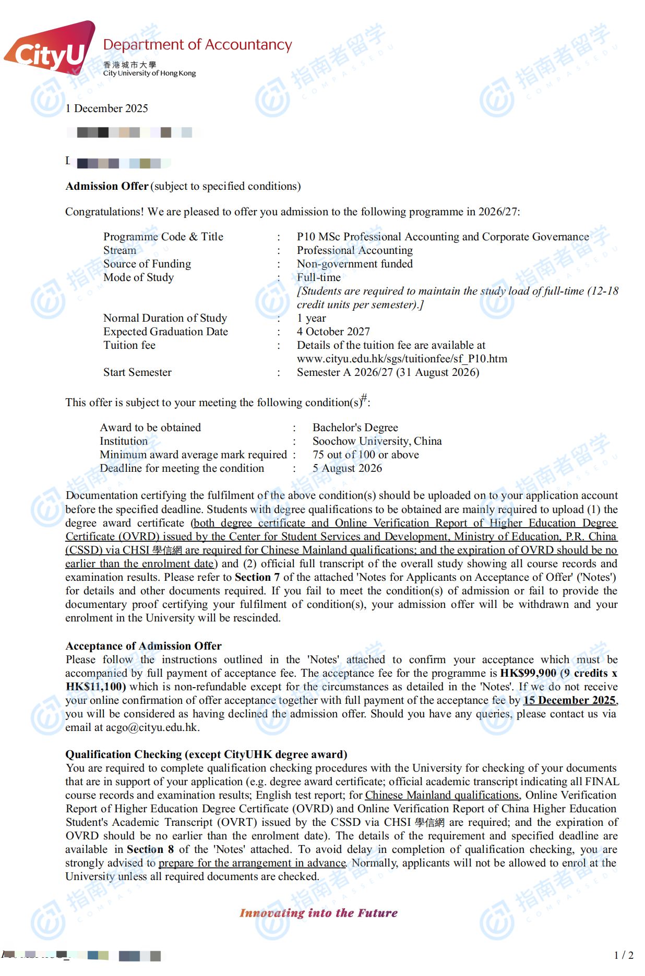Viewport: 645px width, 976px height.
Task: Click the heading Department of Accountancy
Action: click(197, 45)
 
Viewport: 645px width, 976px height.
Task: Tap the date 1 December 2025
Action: click(107, 108)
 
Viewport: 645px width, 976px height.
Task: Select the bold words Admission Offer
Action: click(107, 186)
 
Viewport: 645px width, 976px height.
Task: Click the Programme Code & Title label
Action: click(163, 237)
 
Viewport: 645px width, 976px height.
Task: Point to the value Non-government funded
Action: click(354, 264)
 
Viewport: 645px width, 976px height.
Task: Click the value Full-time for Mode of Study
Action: click(318, 277)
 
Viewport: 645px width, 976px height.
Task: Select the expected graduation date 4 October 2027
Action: click(333, 332)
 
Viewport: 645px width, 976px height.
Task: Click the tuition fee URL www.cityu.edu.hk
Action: click(401, 359)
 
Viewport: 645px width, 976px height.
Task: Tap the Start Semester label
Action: click(137, 372)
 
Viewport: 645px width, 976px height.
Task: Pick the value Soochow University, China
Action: click(377, 441)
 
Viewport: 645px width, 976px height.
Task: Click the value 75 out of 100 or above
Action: click(365, 455)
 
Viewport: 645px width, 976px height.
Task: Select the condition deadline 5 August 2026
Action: click(347, 468)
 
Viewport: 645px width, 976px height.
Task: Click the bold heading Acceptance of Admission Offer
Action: click(144, 646)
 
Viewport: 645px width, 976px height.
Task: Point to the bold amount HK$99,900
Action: click(528, 673)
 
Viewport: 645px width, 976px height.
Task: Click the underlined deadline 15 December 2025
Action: click(569, 700)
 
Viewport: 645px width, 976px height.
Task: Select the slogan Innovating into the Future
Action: click(318, 913)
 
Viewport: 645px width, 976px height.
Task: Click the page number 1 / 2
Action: click(623, 955)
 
